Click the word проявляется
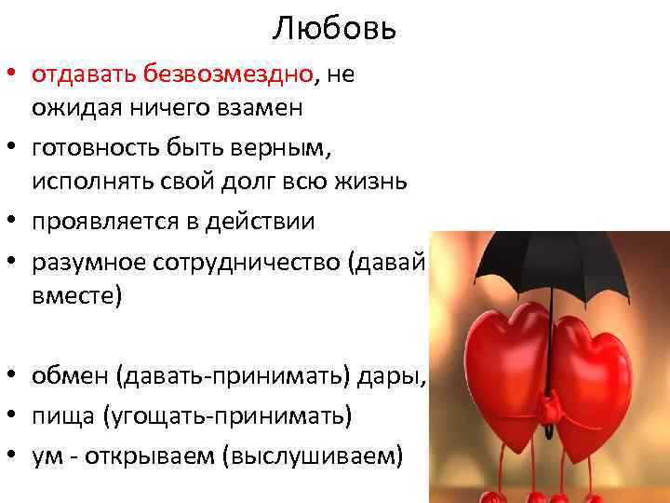pos(101,221)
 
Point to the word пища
pos(59,415)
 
